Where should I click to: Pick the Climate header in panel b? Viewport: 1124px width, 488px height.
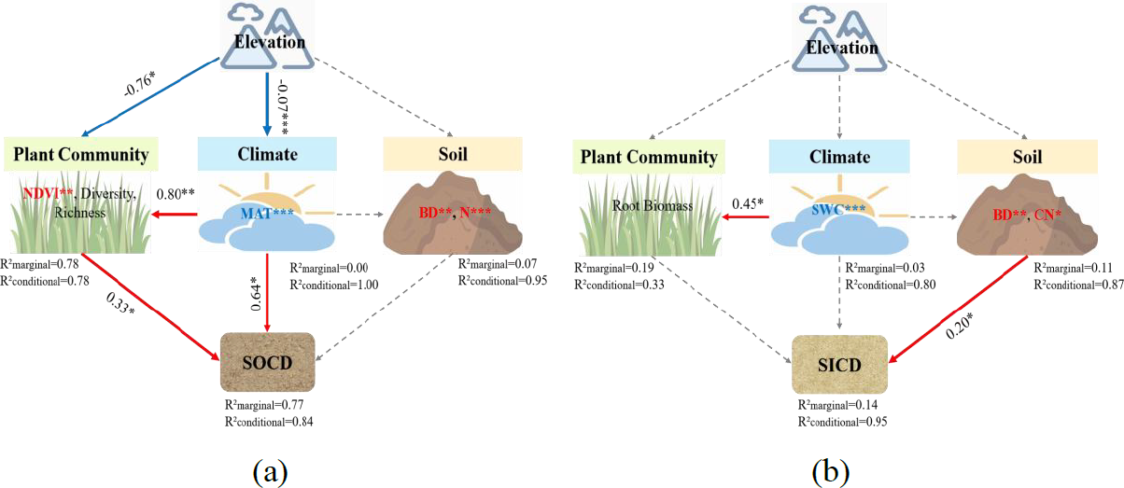pyautogui.click(x=837, y=157)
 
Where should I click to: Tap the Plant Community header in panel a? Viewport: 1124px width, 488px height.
pyautogui.click(x=80, y=154)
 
